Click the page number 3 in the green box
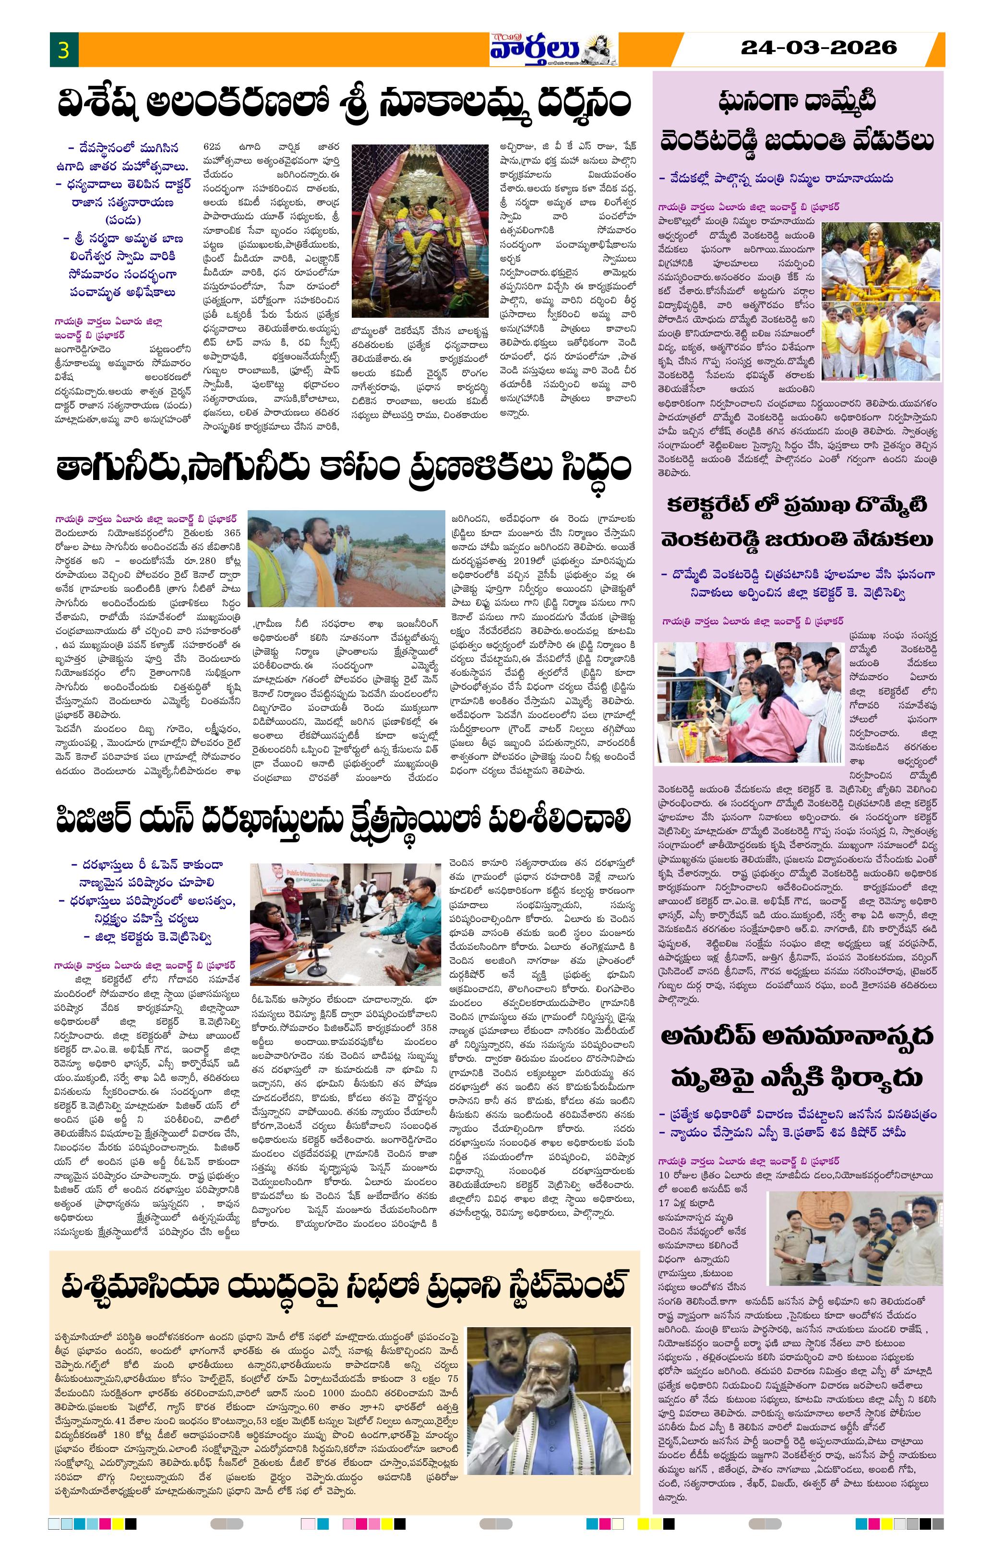pyautogui.click(x=63, y=50)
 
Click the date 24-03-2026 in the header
pyautogui.click(x=818, y=47)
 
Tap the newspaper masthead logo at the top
pyautogui.click(x=552, y=49)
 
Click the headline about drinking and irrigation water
pyautogui.click(x=344, y=468)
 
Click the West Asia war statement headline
pyautogui.click(x=344, y=1287)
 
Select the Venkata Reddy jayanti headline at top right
pyautogui.click(x=797, y=122)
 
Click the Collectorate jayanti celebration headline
pyautogui.click(x=797, y=522)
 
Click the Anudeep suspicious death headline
pyautogui.click(x=797, y=1056)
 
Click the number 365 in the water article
pyautogui.click(x=231, y=533)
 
